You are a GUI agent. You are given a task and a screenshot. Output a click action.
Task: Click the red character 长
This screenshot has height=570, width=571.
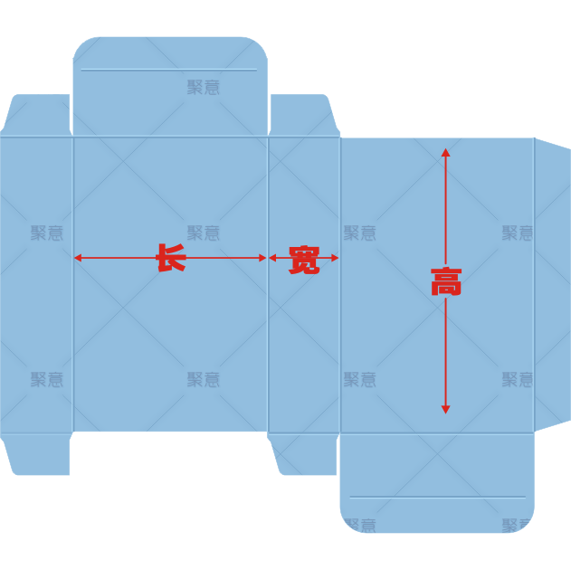[171, 258]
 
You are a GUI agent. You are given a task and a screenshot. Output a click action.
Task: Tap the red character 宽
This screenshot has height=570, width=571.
[304, 260]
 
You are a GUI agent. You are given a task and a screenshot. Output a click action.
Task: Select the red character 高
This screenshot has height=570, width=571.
[446, 281]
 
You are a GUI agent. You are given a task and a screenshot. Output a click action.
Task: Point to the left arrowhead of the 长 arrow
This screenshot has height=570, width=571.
[78, 258]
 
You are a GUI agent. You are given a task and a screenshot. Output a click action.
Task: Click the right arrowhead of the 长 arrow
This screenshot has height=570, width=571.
[262, 258]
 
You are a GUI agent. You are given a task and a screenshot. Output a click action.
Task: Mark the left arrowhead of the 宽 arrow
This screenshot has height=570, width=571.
[272, 258]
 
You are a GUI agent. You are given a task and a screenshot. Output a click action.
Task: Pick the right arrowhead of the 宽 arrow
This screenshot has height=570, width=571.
[335, 258]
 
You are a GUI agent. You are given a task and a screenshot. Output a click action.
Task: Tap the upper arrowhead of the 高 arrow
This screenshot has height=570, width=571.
[445, 152]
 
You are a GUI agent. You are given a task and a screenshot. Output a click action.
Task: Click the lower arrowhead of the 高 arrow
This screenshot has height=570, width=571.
[445, 410]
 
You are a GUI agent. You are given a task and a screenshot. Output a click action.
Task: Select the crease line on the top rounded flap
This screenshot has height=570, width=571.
[168, 70]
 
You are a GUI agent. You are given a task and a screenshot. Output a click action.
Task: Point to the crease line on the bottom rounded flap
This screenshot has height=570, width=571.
[437, 497]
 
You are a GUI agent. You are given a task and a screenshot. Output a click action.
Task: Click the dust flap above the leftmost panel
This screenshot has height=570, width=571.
[35, 115]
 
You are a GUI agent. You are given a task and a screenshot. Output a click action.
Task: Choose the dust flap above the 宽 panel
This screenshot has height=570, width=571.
[304, 115]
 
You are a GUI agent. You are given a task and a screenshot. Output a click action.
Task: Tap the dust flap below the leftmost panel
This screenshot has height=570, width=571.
[35, 454]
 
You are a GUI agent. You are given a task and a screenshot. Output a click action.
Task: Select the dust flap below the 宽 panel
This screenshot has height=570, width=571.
[303, 454]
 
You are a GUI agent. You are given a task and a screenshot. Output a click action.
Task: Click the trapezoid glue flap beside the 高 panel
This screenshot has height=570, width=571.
[552, 284]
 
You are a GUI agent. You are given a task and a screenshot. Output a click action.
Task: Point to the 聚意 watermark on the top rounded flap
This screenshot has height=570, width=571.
[204, 88]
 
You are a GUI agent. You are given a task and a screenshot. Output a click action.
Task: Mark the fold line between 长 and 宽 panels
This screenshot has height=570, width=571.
[268, 284]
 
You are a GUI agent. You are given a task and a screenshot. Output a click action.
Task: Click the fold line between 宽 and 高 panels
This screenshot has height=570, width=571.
[340, 285]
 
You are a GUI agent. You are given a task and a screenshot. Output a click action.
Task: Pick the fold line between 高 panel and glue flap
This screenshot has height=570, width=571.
[534, 285]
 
